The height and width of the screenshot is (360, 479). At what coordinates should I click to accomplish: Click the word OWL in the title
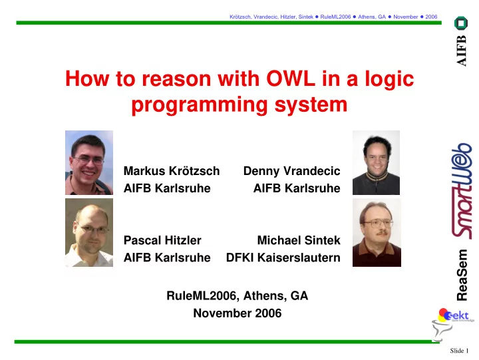coord(291,79)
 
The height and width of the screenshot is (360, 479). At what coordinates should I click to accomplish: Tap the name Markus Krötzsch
coord(172,171)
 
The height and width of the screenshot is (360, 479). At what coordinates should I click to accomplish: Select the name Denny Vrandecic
coord(292,171)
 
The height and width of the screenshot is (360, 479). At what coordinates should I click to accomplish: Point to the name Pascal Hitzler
coord(162,240)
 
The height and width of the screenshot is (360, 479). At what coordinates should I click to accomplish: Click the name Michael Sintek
coord(299,240)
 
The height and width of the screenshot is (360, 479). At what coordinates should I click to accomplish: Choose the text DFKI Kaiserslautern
coord(283,258)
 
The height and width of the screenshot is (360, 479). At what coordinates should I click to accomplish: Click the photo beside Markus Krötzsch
coord(89,162)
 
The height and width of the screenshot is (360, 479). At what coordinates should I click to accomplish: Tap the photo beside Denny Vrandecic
coord(376,162)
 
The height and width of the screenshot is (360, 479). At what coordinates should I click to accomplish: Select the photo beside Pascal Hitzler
coord(89,232)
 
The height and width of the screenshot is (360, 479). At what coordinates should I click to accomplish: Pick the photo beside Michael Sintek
coord(377,232)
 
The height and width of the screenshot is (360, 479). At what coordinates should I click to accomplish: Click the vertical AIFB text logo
coord(461,51)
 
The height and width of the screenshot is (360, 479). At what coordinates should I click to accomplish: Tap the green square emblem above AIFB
coord(461,23)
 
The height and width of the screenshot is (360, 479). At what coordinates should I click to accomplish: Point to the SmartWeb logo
coord(462,191)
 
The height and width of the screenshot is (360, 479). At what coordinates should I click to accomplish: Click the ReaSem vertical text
coord(462,275)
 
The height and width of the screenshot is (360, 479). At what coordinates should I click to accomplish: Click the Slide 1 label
coord(459,351)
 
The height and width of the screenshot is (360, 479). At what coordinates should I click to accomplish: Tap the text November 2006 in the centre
coord(238,313)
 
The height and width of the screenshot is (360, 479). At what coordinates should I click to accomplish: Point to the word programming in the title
coord(200,105)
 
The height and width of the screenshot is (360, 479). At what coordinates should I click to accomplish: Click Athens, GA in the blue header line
coord(372,17)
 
